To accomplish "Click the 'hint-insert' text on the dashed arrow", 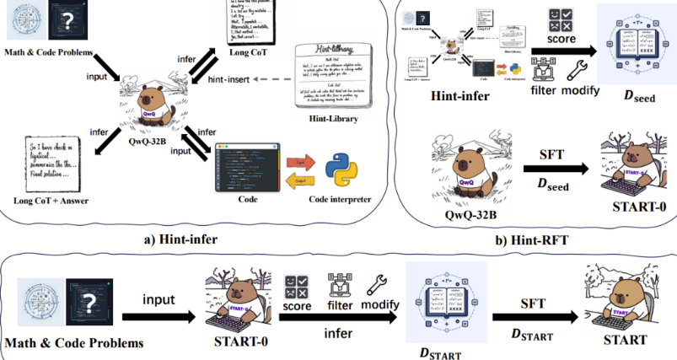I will [x=231, y=79].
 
